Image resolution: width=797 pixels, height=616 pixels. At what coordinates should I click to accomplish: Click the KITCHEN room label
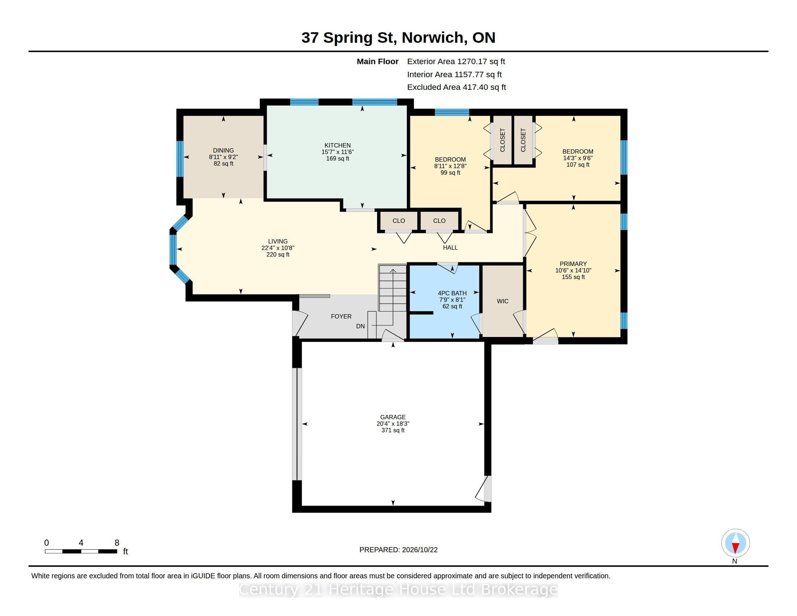pyautogui.click(x=338, y=145)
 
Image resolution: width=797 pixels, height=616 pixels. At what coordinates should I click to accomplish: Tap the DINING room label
pyautogui.click(x=223, y=150)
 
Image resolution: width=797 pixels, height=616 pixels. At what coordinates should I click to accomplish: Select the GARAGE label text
pyautogui.click(x=393, y=417)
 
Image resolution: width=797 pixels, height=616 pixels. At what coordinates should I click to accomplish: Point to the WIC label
pyautogui.click(x=502, y=301)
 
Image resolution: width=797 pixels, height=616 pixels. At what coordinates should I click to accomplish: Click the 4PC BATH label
pyautogui.click(x=452, y=293)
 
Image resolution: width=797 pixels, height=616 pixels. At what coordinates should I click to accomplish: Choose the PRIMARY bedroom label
pyautogui.click(x=573, y=263)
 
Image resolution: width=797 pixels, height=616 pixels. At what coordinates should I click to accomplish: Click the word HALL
pyautogui.click(x=450, y=247)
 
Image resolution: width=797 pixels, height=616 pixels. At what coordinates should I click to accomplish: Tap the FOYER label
pyautogui.click(x=341, y=316)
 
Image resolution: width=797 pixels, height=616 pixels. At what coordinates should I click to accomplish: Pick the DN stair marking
pyautogui.click(x=360, y=326)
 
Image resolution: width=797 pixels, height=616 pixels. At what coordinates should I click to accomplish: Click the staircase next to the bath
pyautogui.click(x=392, y=288)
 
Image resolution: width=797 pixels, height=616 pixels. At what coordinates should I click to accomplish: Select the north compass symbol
pyautogui.click(x=735, y=543)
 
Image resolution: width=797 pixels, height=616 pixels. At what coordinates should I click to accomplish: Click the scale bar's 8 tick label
pyautogui.click(x=117, y=543)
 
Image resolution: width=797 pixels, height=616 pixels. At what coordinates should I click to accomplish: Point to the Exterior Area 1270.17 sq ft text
pyautogui.click(x=456, y=61)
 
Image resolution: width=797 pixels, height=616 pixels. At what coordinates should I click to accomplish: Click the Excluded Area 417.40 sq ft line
pyautogui.click(x=456, y=87)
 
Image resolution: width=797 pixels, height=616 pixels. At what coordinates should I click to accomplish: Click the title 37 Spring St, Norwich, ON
pyautogui.click(x=398, y=38)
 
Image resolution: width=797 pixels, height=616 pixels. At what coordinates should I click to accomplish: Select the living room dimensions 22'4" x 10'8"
pyautogui.click(x=278, y=248)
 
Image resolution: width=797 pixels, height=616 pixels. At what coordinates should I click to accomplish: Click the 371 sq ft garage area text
pyautogui.click(x=393, y=430)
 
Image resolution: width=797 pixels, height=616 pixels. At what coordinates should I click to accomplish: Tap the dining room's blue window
pyautogui.click(x=180, y=159)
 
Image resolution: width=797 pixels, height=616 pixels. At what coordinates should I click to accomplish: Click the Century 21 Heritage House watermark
pyautogui.click(x=398, y=589)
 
